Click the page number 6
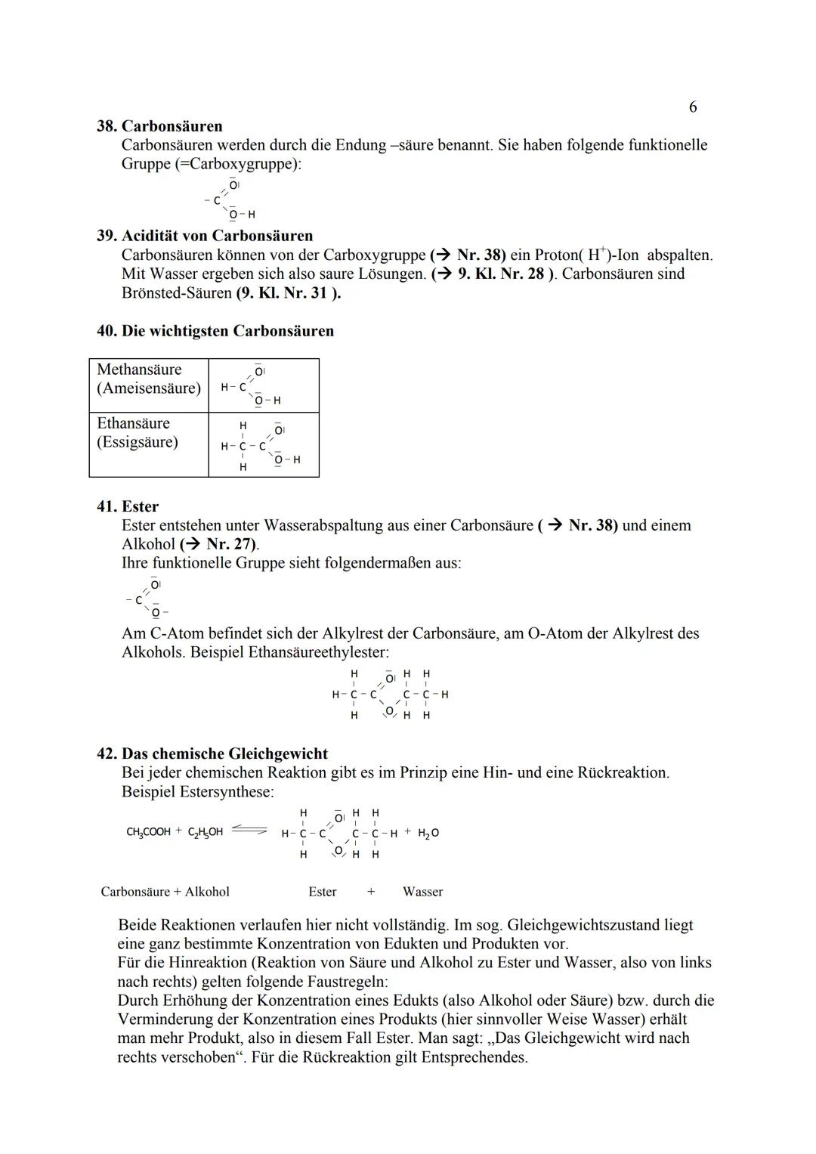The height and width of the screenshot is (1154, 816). click(693, 107)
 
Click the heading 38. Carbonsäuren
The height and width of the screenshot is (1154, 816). click(159, 125)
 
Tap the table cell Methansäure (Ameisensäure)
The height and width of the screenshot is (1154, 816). click(149, 379)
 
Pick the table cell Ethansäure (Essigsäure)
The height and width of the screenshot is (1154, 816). click(138, 433)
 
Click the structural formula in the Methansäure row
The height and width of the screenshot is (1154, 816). click(251, 386)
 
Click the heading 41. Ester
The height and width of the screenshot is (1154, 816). click(128, 506)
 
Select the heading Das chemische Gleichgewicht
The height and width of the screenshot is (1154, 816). click(224, 753)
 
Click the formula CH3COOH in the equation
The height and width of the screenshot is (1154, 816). click(148, 832)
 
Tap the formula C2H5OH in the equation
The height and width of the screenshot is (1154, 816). click(205, 832)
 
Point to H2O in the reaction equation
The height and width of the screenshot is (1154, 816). click(428, 832)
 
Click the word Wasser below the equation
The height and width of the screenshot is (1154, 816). click(422, 892)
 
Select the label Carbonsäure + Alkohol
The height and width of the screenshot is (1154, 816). click(165, 892)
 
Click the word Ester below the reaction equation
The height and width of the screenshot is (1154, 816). click(323, 892)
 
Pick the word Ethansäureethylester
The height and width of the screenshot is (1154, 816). click(318, 652)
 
